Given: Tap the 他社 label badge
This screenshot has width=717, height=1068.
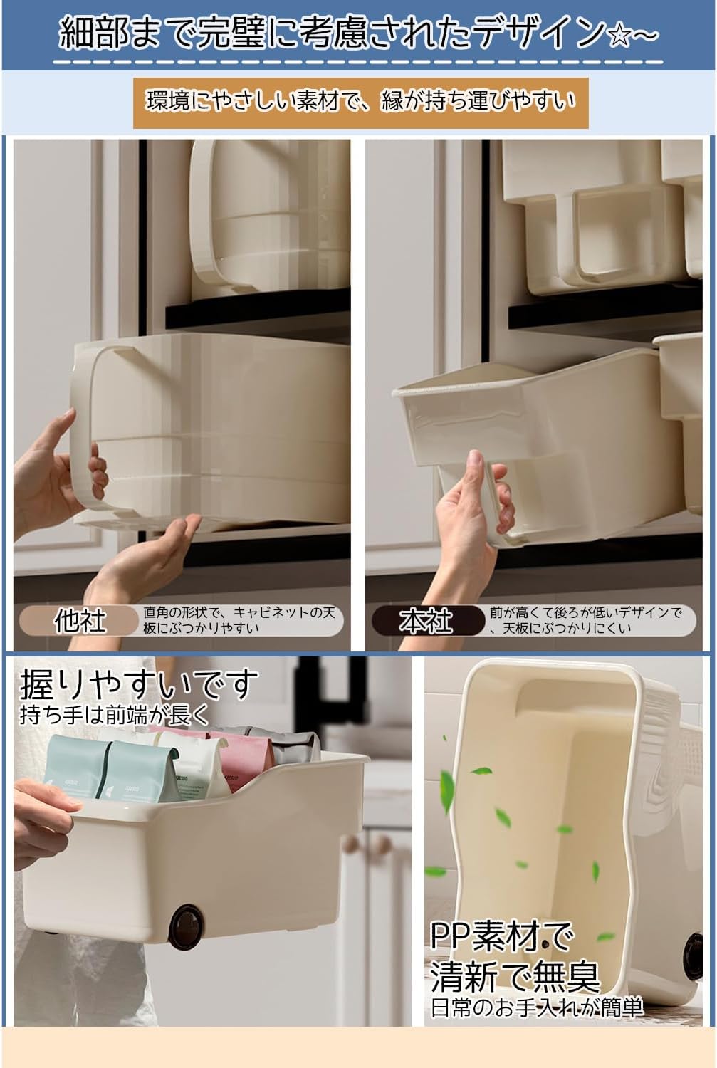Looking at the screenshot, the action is tap(79, 621).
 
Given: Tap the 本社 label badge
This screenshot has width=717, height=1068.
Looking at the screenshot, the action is tap(426, 621).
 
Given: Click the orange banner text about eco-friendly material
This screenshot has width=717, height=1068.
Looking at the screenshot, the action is tap(360, 102).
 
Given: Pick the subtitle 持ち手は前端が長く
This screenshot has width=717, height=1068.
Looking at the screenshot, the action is tap(115, 715).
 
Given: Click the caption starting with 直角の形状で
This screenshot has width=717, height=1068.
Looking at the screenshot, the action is tap(240, 620).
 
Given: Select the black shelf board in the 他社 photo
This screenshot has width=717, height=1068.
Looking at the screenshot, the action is tap(258, 310).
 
